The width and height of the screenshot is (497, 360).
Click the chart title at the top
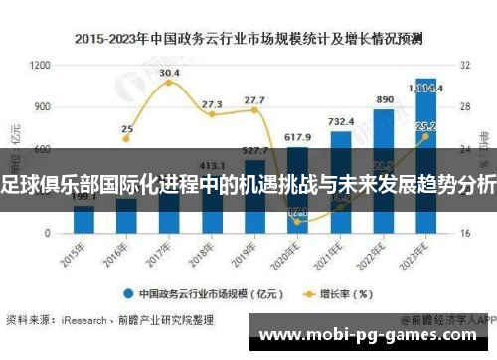pos(248,40)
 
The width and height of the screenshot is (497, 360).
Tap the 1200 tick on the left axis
pos(40,65)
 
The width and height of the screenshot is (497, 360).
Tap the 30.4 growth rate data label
pos(169,73)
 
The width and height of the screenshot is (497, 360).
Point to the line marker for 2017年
pos(169,83)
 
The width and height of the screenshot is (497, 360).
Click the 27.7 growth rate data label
pos(254,100)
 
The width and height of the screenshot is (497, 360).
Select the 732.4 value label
pos(340,121)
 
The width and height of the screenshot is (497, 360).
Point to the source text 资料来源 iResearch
pos(99,320)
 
